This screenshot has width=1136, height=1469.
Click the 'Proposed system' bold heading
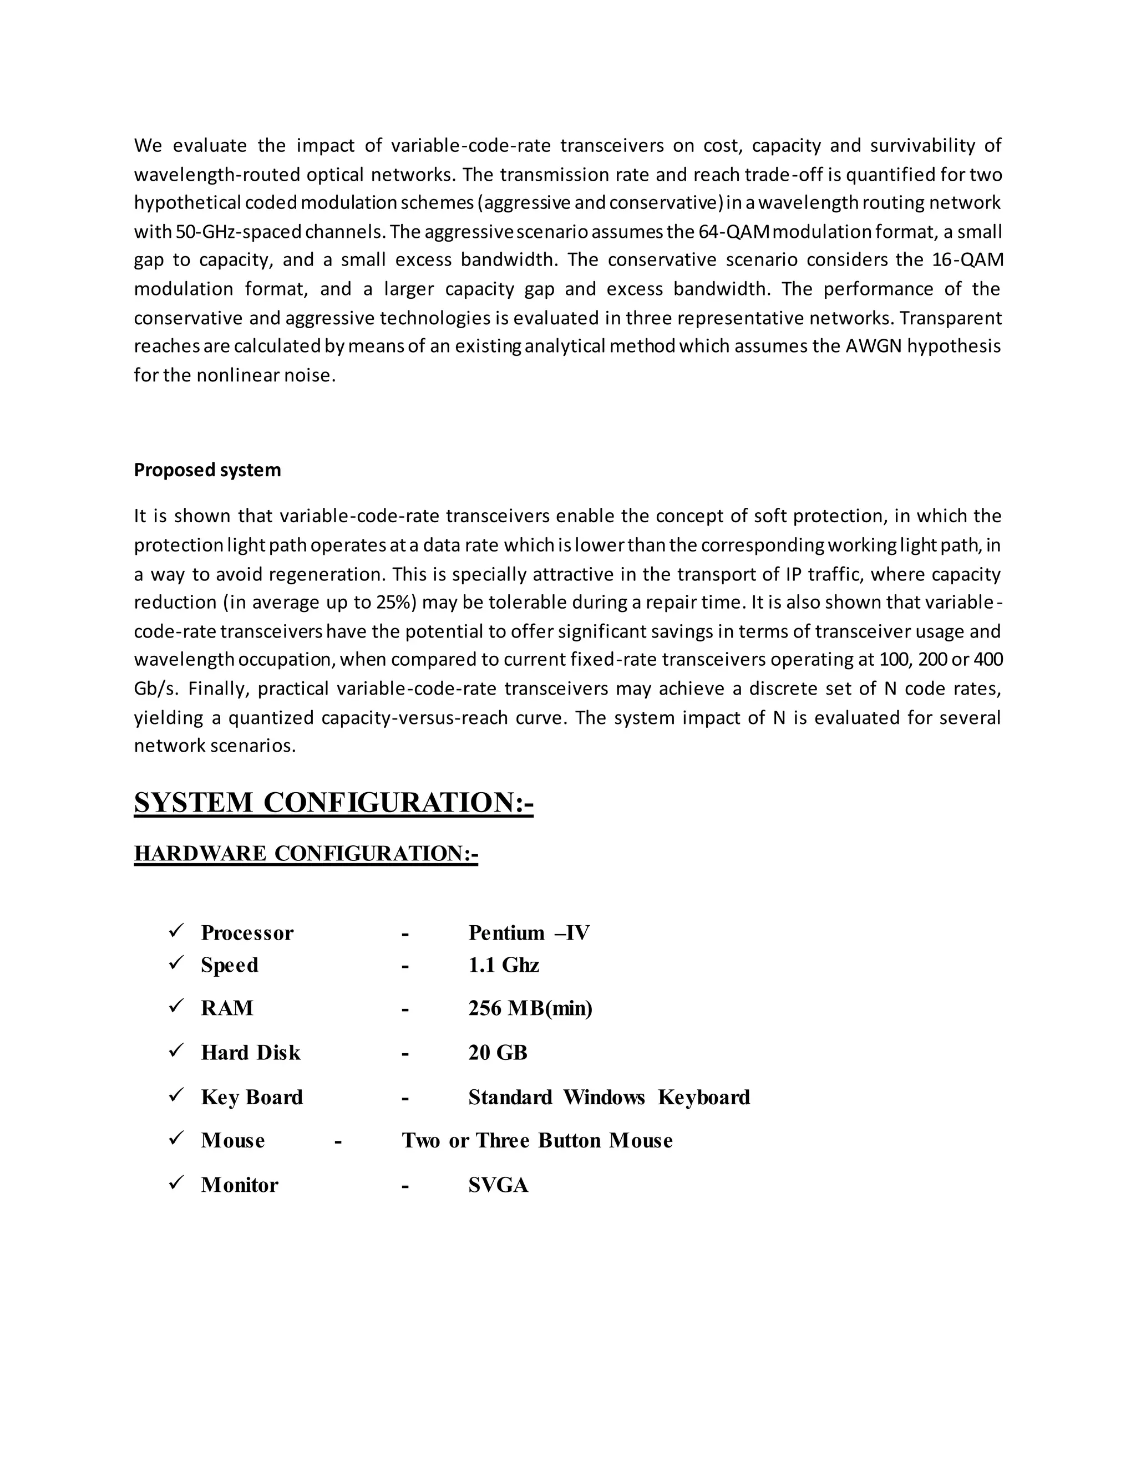[x=207, y=470]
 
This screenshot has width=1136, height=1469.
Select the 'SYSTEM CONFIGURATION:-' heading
[x=333, y=803]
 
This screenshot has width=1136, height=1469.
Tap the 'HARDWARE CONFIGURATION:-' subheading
[x=306, y=854]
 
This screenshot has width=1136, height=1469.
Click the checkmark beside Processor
[x=176, y=931]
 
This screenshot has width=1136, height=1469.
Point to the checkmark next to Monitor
[x=176, y=1182]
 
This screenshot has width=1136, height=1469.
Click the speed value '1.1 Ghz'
[x=504, y=965]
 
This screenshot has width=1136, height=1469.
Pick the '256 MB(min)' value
[x=530, y=1008]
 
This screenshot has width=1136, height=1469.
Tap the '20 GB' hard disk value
[x=498, y=1053]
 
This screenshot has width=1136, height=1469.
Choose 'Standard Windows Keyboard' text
[x=609, y=1097]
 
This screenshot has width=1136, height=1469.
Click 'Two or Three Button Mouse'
[x=537, y=1141]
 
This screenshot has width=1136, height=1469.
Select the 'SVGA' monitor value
[x=498, y=1185]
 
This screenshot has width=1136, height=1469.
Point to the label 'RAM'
[x=227, y=1008]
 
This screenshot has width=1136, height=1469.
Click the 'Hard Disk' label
[x=250, y=1053]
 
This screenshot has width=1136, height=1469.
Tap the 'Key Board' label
[x=252, y=1097]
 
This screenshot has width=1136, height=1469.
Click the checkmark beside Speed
[x=176, y=963]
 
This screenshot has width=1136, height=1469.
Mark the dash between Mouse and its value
[x=338, y=1141]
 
